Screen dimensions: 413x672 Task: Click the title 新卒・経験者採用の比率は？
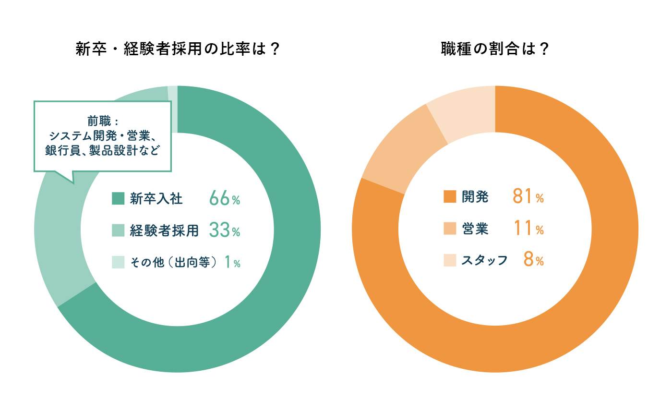[178, 49]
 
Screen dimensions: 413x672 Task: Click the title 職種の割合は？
[495, 49]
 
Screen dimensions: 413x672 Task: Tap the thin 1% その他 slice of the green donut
[173, 109]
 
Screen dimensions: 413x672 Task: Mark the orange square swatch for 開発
[450, 197]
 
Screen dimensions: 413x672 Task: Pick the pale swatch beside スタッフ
[450, 260]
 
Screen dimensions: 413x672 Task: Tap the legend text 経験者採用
[164, 231]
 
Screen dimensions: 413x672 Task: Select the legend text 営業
[475, 229]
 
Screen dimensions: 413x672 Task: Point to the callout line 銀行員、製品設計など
[102, 150]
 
